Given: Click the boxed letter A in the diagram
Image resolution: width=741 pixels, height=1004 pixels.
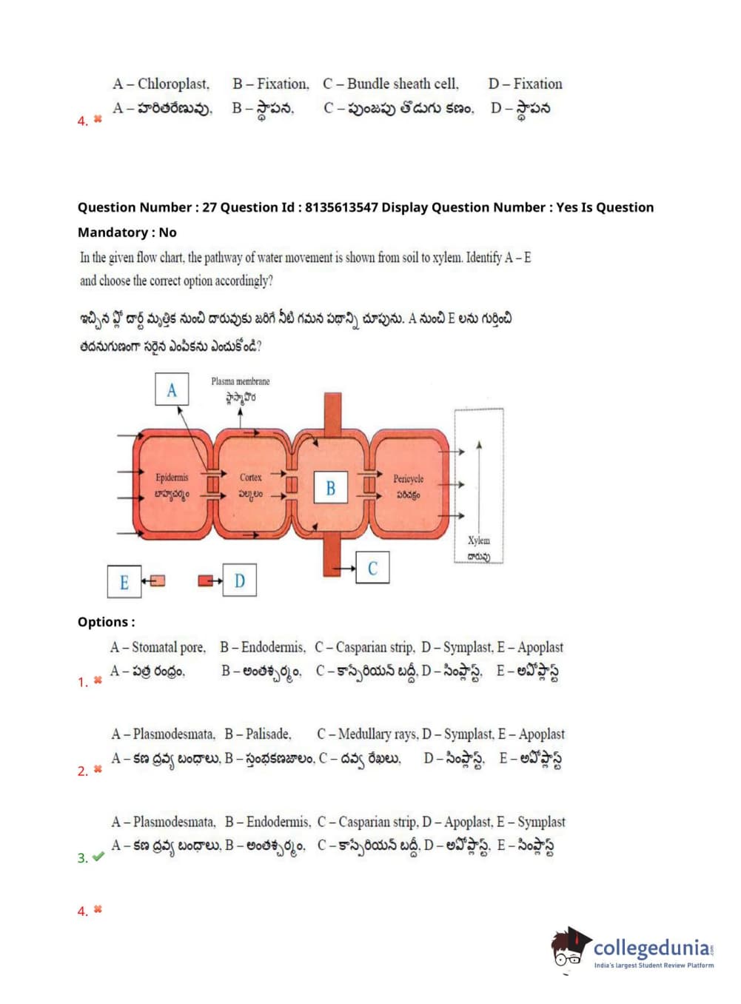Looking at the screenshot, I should tap(172, 389).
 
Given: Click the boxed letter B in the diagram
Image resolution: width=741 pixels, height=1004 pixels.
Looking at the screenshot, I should tap(330, 488).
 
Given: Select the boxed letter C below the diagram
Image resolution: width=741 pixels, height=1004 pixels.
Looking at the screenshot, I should tap(372, 568).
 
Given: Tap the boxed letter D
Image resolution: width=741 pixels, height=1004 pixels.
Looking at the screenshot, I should tap(239, 580).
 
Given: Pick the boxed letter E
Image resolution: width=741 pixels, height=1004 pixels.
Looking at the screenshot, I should tap(124, 582).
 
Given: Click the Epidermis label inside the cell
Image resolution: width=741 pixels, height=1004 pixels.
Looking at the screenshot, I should tap(172, 478).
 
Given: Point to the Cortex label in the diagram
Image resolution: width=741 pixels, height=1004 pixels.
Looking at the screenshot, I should tap(250, 478).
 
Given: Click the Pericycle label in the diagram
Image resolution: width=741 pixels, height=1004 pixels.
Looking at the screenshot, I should tap(408, 479).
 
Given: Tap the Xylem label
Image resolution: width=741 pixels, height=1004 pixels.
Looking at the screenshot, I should tap(478, 541).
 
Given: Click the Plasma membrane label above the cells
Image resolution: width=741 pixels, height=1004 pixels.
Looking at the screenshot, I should tap(240, 381).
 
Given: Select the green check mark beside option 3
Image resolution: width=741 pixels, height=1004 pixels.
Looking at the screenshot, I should tap(98, 857).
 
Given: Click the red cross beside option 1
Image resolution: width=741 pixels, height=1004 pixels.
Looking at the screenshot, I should tap(98, 680).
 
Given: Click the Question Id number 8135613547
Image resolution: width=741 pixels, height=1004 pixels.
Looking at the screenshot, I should tap(341, 207).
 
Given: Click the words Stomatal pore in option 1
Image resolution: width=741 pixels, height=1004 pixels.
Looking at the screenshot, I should tap(168, 647).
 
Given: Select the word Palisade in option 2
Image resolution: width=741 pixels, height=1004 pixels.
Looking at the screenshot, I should tap(268, 734).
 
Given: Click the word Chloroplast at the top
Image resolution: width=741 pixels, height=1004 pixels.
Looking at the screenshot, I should tap(173, 84).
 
